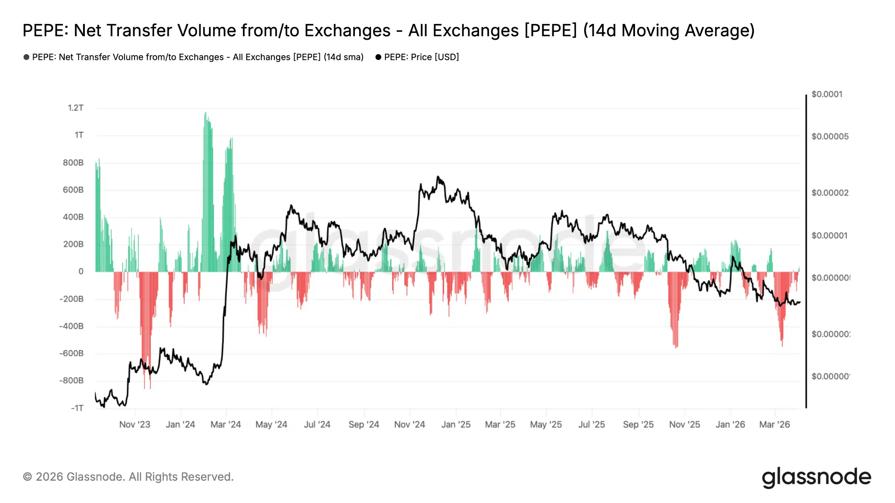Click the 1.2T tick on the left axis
coord(75,108)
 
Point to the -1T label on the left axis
coord(77,408)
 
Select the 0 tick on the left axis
coord(81,272)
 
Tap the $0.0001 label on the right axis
coord(827,94)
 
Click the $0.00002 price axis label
coord(830,193)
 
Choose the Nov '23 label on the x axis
coord(135,424)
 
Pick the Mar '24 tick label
coord(225,424)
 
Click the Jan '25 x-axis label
coord(456,424)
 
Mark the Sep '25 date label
coord(638,424)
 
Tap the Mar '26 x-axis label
coord(774,424)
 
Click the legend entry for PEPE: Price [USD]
coord(421,57)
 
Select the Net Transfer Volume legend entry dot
coord(26,57)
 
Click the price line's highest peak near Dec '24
coord(438,177)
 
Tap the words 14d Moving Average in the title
coord(669,31)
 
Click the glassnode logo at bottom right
coord(816,477)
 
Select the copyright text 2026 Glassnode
coord(128,477)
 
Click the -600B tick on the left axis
coord(71,354)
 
